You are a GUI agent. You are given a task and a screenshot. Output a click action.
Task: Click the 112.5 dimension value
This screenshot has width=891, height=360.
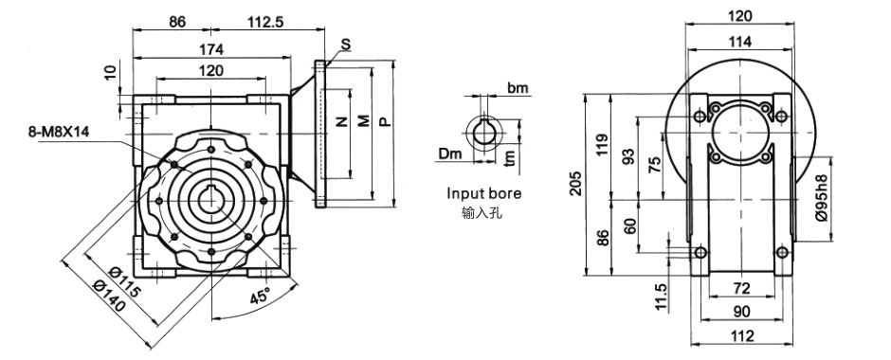[265, 22]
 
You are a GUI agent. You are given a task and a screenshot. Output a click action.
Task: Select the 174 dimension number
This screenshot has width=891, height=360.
[212, 49]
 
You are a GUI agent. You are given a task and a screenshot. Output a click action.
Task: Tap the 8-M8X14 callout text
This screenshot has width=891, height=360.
[59, 133]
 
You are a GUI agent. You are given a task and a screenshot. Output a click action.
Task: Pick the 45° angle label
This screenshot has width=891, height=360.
[259, 296]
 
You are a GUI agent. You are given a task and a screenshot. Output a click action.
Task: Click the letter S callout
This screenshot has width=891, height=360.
[346, 45]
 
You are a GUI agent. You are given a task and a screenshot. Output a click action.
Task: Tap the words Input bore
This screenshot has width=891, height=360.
[483, 193]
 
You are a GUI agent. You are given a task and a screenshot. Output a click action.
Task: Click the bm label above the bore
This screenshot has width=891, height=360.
[518, 88]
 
